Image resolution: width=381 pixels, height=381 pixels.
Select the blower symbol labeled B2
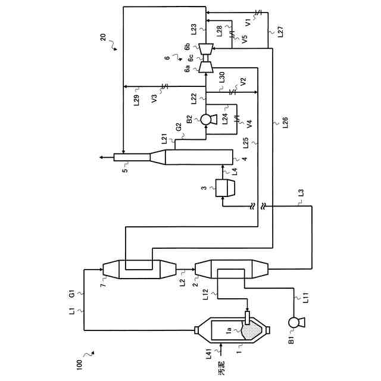pyautogui.click(x=207, y=119)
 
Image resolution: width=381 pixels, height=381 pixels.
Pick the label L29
pyautogui.click(x=137, y=100)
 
